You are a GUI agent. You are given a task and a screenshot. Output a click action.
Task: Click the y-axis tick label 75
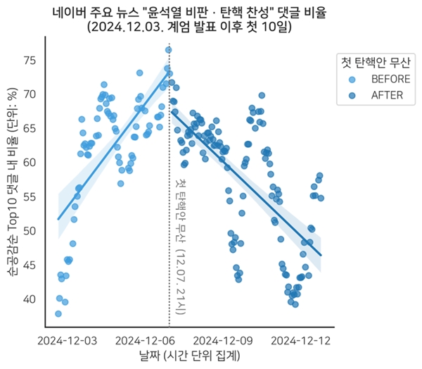click(x=32, y=60)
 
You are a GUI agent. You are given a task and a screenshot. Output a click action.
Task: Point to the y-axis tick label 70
click(x=32, y=94)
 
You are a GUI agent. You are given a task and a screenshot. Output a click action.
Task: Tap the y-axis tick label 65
click(x=32, y=128)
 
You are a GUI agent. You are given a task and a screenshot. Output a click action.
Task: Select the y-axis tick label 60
click(x=32, y=162)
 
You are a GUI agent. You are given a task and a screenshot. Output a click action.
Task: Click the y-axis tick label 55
click(x=32, y=196)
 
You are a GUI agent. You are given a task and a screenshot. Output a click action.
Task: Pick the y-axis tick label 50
click(x=32, y=230)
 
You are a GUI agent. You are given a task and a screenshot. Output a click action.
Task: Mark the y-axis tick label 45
click(x=32, y=265)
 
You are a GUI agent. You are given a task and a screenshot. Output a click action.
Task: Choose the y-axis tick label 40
click(x=32, y=299)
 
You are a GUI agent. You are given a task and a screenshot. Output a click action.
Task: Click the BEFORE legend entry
click(x=385, y=78)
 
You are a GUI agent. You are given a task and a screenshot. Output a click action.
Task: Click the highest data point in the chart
click(x=169, y=49)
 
